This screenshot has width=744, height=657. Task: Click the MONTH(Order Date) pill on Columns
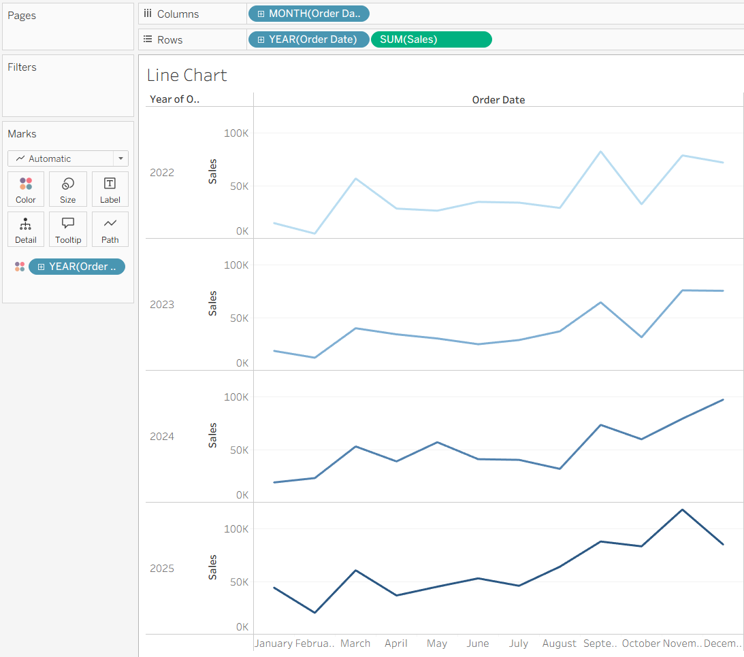(x=308, y=14)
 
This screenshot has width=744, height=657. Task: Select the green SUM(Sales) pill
(x=432, y=39)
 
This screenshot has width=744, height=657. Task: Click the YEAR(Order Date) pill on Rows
(x=308, y=39)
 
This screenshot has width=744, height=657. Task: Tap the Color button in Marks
(x=26, y=189)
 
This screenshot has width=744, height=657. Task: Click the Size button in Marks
(x=68, y=189)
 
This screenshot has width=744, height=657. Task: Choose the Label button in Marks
(x=110, y=189)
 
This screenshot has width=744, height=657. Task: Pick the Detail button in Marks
(x=26, y=229)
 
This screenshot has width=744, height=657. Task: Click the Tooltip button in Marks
(x=68, y=229)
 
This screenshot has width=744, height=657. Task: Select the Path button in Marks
(x=110, y=229)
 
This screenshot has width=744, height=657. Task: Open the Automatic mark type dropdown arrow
(x=121, y=158)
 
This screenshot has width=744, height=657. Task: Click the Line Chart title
(x=187, y=75)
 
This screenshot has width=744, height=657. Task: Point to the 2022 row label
(x=162, y=173)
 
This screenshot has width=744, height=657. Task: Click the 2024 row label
(x=162, y=436)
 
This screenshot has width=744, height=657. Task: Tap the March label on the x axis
(x=355, y=643)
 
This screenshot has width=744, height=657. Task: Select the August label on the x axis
(x=560, y=643)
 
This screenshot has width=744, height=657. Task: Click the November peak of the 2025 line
(x=682, y=509)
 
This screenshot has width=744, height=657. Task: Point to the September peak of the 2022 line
(x=600, y=152)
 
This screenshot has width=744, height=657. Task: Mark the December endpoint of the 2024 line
(x=723, y=400)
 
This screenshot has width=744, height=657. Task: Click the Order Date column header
(x=498, y=100)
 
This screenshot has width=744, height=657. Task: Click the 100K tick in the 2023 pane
(x=236, y=265)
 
